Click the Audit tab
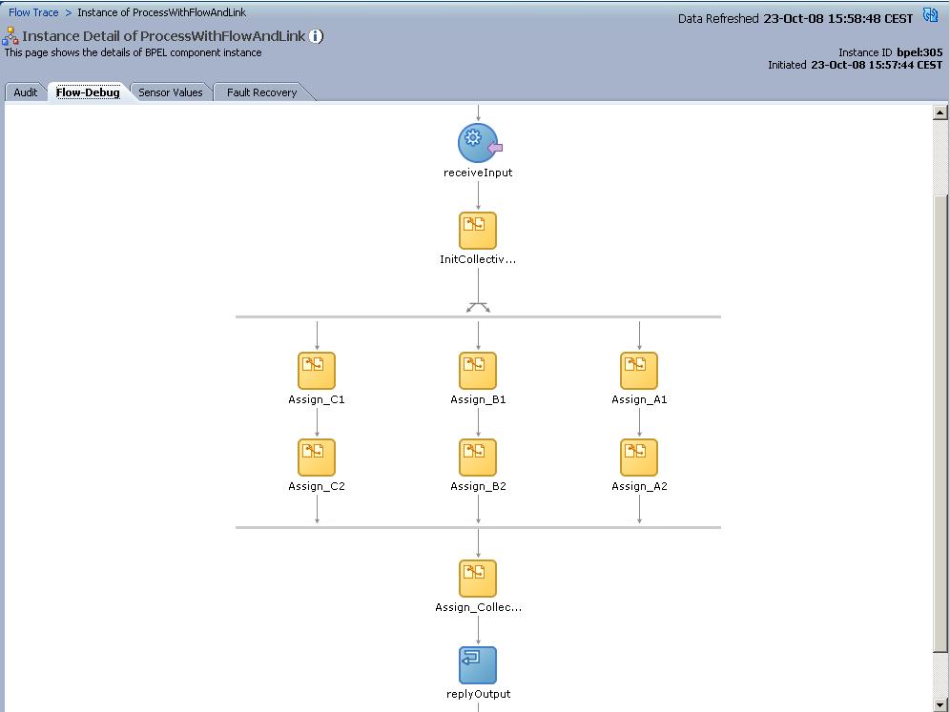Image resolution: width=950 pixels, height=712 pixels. pos(26,92)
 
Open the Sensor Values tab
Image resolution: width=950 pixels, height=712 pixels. pos(170,92)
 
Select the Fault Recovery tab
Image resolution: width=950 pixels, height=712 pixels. pos(261,92)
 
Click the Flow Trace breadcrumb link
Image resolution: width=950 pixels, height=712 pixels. pos(33,12)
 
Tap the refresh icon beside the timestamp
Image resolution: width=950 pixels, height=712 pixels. pos(930,16)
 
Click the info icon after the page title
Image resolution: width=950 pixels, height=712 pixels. pos(316,36)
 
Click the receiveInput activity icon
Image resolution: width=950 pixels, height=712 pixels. pos(478,143)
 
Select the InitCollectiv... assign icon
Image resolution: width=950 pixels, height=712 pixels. pos(478,231)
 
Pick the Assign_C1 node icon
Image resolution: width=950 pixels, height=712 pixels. pos(317,371)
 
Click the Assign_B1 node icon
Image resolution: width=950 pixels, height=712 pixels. pos(478,371)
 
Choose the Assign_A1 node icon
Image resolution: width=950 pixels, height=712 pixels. pos(639,371)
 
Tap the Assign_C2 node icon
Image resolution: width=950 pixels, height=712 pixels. pos(317,458)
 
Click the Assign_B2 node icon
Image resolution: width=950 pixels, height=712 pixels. pos(478,458)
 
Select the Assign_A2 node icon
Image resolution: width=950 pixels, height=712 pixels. pos(639,458)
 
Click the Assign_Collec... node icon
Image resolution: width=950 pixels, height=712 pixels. pos(478,579)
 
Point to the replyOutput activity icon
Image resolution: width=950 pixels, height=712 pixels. pos(478,665)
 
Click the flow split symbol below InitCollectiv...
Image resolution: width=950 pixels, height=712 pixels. pos(478,307)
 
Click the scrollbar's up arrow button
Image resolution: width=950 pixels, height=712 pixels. pos(941,113)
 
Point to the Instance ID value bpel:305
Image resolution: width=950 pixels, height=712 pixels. pos(919,52)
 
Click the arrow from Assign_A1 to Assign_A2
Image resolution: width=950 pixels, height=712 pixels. pos(639,422)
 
